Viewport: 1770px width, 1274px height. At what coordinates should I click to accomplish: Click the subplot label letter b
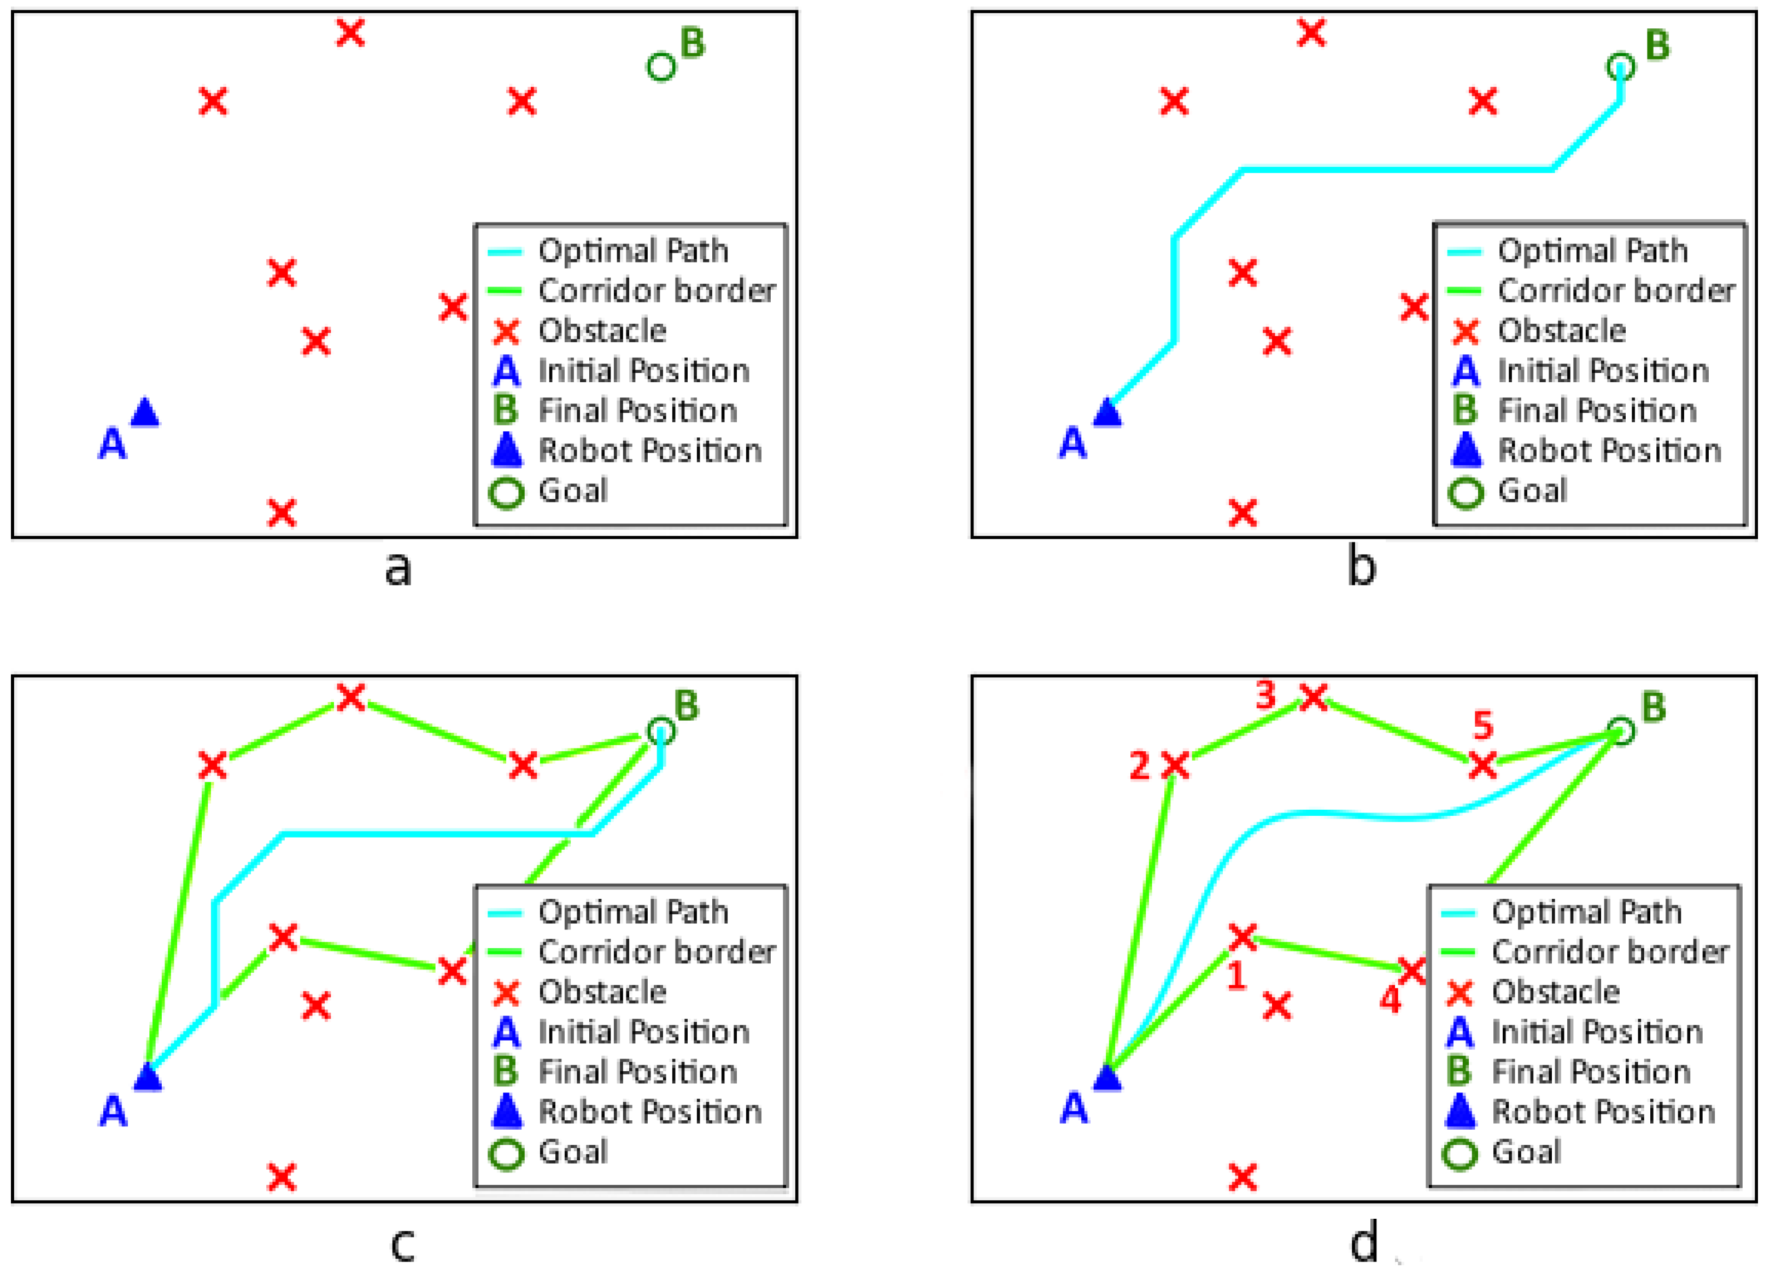click(x=1362, y=568)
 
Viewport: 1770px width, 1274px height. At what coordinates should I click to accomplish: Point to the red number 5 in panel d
click(x=1483, y=726)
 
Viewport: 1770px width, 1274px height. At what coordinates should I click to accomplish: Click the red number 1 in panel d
click(x=1236, y=976)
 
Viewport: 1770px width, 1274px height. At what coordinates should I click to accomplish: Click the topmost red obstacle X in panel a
click(x=350, y=33)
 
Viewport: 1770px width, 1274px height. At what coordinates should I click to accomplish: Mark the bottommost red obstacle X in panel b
click(x=1242, y=513)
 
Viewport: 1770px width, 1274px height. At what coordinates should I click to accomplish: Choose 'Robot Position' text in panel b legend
click(x=1609, y=451)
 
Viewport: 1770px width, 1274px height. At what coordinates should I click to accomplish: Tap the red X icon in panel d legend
click(x=1460, y=993)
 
